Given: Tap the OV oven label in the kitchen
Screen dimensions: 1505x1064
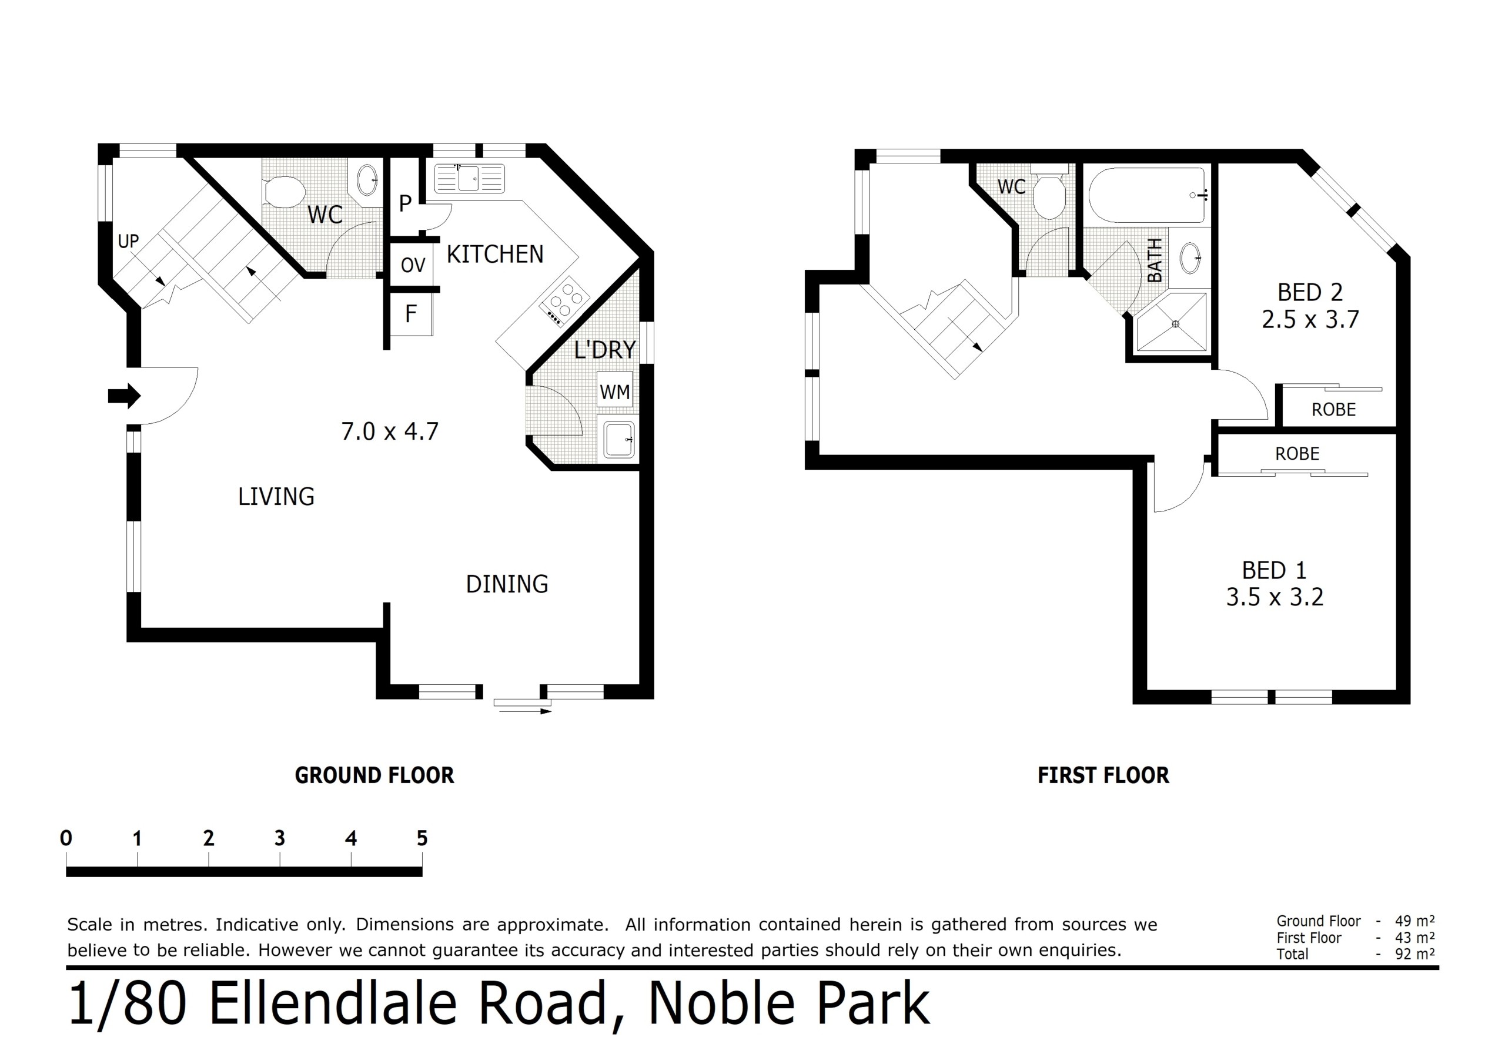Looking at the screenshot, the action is pyautogui.click(x=413, y=266).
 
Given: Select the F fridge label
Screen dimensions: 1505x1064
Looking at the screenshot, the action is pyautogui.click(x=411, y=314).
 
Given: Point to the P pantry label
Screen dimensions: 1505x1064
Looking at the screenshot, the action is pyautogui.click(x=405, y=203).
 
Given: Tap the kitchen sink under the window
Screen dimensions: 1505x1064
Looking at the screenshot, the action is pyautogui.click(x=469, y=178).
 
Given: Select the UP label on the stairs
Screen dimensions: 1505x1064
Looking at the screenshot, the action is pyautogui.click(x=129, y=241).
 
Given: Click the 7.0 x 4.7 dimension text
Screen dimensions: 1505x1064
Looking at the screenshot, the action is pyautogui.click(x=390, y=431).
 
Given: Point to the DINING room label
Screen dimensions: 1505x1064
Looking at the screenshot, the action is pyautogui.click(x=507, y=584).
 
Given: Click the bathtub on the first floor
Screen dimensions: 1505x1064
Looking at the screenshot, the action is pyautogui.click(x=1147, y=195).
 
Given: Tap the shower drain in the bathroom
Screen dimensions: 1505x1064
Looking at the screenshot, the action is pyautogui.click(x=1175, y=324).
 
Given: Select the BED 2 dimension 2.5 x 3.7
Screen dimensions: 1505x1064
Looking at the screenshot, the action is pyautogui.click(x=1310, y=319).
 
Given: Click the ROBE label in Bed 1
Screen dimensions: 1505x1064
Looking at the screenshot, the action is pyautogui.click(x=1297, y=454).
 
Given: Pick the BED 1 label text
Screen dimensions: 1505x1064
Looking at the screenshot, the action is pyautogui.click(x=1275, y=570).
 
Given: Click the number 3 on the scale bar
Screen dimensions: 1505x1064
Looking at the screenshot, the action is pyautogui.click(x=280, y=838).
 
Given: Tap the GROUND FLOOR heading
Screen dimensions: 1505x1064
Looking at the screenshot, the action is pyautogui.click(x=374, y=775).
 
